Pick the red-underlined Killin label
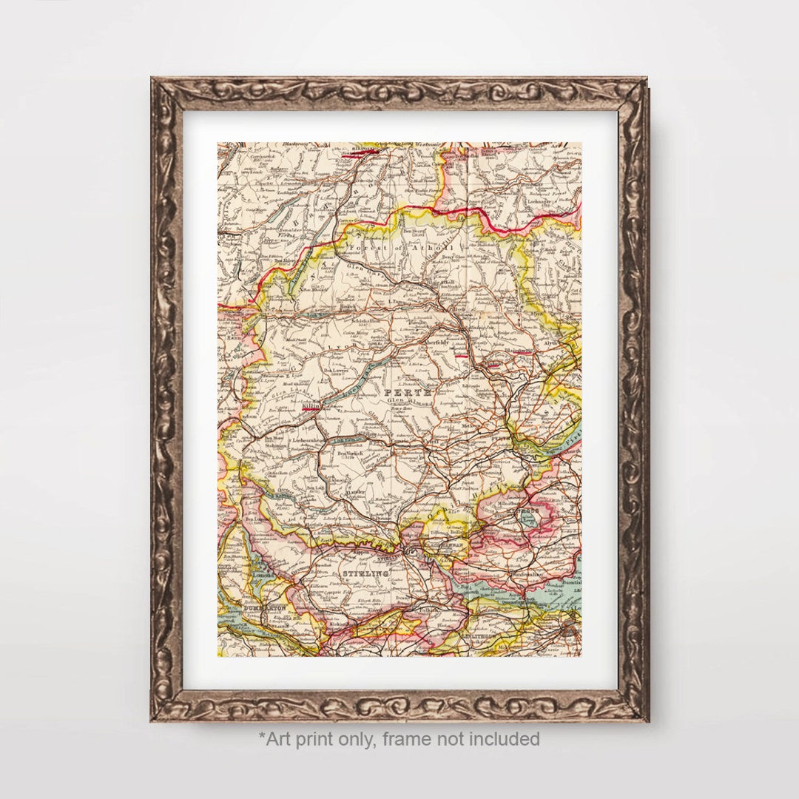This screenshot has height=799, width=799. (x=310, y=406)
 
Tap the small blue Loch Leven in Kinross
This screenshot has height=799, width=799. (x=528, y=521)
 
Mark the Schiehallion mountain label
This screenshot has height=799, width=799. (x=355, y=321)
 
